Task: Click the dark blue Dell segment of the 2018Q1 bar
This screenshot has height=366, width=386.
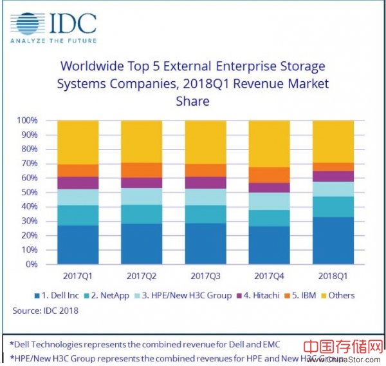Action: [333, 240]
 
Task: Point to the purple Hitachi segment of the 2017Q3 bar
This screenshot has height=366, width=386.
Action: [205, 182]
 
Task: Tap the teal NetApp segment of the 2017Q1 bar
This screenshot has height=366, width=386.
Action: [78, 215]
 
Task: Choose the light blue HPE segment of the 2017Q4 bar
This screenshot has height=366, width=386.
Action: [269, 201]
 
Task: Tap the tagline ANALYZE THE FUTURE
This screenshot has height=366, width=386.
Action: [53, 41]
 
